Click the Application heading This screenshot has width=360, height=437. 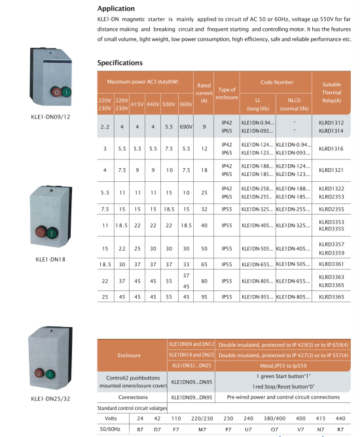116,9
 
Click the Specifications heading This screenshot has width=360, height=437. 120,63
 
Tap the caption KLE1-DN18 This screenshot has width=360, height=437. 49,259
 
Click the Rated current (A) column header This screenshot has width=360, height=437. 204,92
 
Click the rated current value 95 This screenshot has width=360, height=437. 204,296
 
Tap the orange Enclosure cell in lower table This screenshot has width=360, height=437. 129,355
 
